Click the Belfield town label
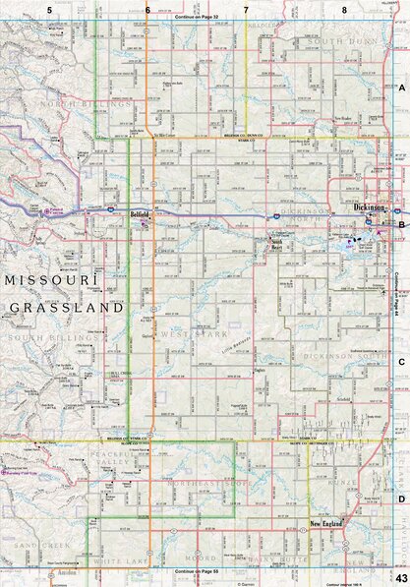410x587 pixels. tap(140, 212)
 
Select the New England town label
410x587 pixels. tap(326, 524)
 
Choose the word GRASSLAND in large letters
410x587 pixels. tap(67, 307)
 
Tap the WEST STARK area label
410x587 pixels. tap(180, 338)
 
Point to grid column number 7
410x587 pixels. tap(246, 9)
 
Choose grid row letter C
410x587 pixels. tap(401, 362)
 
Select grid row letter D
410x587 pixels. tap(401, 499)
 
